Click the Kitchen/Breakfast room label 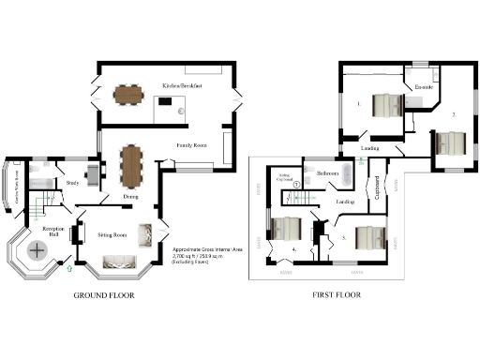(x=183, y=84)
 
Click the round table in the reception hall (x=38, y=250)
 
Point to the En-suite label (x=424, y=88)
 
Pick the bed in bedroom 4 (x=288, y=231)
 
